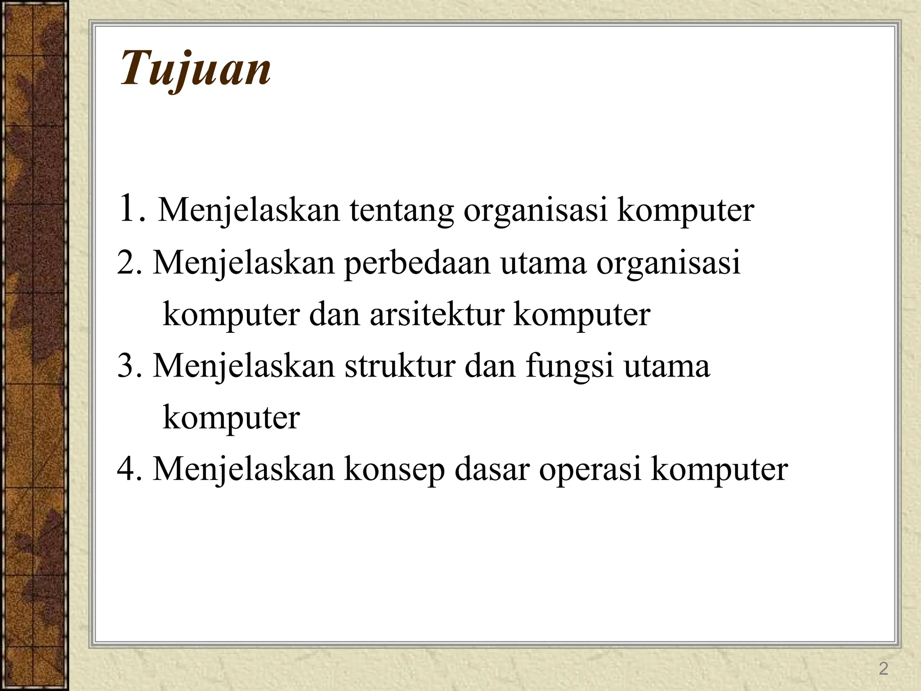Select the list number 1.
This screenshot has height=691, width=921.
click(128, 209)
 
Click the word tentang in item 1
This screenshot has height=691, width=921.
click(401, 211)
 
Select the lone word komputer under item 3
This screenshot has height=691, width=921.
click(231, 418)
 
